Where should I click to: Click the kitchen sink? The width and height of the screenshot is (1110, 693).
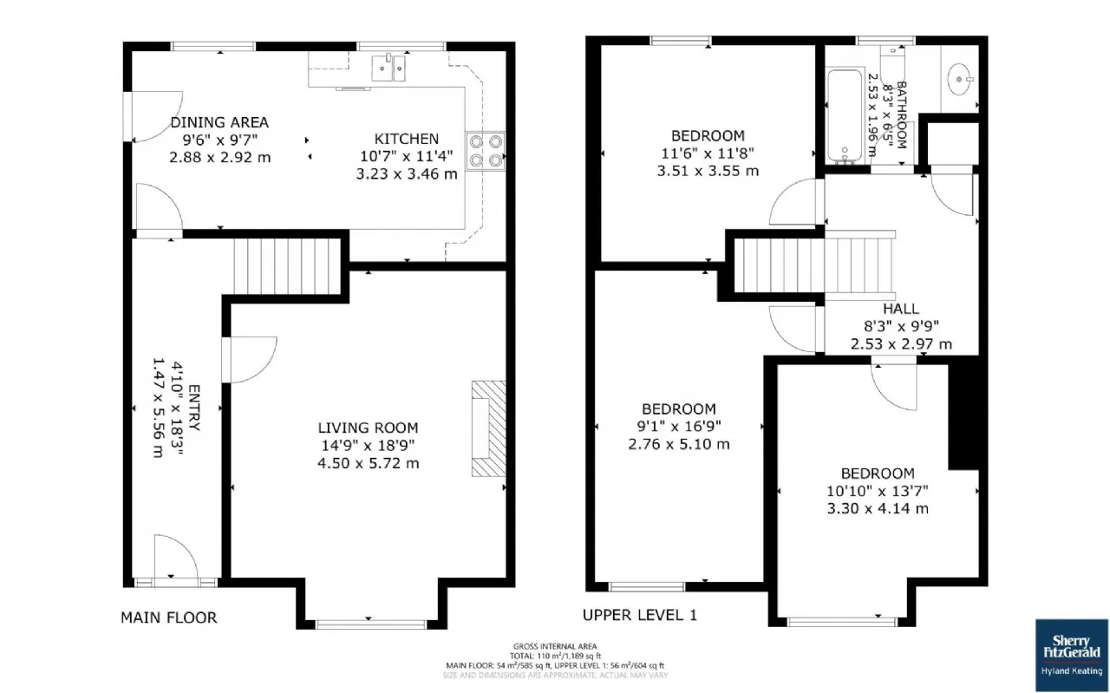click(388, 67)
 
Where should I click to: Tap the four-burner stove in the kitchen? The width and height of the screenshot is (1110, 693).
click(486, 148)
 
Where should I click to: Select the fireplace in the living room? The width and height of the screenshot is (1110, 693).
click(487, 428)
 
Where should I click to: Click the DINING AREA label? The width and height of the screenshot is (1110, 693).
click(219, 122)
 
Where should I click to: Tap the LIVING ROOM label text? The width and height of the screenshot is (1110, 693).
click(368, 428)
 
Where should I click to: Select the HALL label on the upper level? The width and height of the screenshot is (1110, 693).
click(901, 309)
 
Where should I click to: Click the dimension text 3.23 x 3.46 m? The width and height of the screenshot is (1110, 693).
click(407, 173)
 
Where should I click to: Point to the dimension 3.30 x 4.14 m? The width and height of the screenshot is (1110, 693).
click(878, 508)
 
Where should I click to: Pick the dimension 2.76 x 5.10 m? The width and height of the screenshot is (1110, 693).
click(679, 444)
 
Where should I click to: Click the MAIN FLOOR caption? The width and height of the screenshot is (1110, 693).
click(168, 618)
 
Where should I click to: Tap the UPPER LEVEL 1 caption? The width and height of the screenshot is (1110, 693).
click(639, 615)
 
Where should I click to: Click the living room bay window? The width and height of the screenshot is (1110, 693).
click(370, 623)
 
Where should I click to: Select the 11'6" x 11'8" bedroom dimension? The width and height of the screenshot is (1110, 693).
click(708, 154)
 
